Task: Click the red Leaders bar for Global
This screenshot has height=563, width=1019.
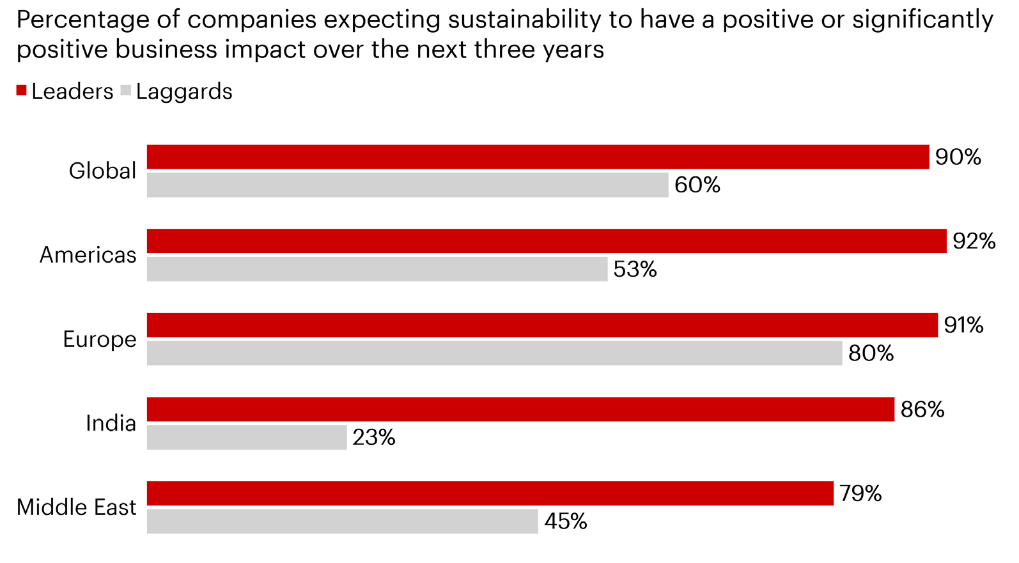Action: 537,157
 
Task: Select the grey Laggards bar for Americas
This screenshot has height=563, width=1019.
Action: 377,269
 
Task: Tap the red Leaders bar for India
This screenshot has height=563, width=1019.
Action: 520,409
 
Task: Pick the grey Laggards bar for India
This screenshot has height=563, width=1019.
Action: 247,437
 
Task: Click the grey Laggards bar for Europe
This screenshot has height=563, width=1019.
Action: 494,353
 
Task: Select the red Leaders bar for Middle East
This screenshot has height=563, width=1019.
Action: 490,493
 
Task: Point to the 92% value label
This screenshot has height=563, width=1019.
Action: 974,242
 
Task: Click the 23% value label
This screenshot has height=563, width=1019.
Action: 374,438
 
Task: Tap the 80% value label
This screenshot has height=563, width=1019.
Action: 871,353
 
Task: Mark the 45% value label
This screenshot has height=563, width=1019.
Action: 565,521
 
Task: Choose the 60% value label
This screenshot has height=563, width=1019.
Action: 697,185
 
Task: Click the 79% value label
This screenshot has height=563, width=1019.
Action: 860,493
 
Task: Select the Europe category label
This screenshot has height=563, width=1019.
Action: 100,339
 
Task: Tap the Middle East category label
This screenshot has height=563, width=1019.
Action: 77,507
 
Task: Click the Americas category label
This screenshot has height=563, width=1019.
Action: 88,255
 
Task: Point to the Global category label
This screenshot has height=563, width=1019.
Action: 102,171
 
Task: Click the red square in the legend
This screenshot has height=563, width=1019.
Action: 22,91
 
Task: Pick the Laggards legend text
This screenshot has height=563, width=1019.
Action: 184,91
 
